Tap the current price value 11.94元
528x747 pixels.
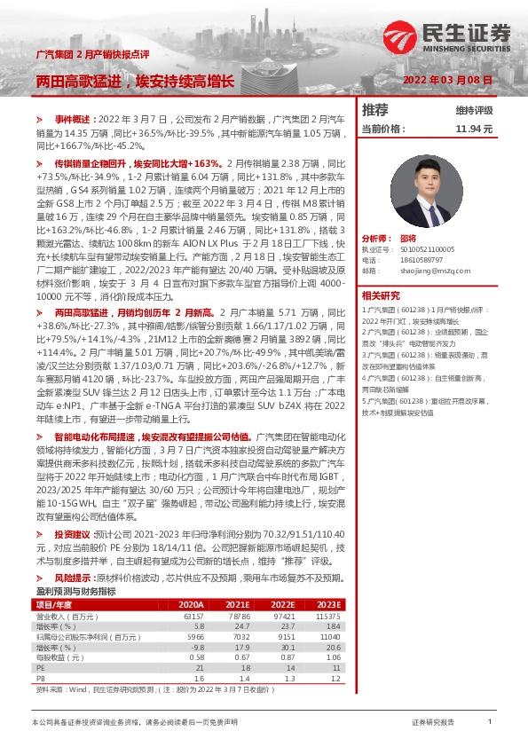point(474,129)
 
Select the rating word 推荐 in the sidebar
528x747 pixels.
point(375,110)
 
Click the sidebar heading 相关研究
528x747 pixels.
point(381,295)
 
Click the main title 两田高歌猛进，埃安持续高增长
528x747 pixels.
point(135,82)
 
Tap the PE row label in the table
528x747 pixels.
point(40,667)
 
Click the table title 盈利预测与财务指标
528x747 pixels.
point(75,591)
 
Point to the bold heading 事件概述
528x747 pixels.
point(74,118)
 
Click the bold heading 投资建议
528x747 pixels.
point(72,535)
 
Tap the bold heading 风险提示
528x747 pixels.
point(72,578)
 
